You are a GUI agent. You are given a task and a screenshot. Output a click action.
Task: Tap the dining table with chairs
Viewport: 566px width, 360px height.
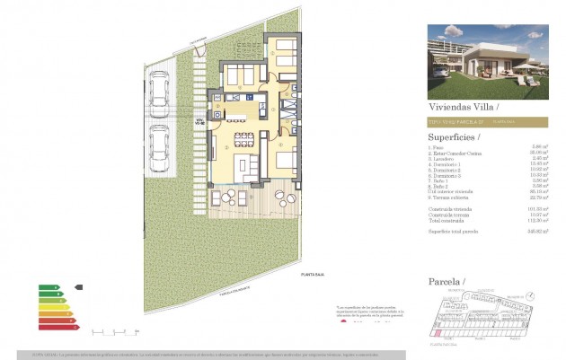pyautogui.click(x=243, y=138)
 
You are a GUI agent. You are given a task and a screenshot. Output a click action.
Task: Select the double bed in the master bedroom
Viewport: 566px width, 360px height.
pyautogui.click(x=286, y=162)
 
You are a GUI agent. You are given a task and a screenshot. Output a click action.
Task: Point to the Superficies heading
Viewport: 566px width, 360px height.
pyautogui.click(x=452, y=137)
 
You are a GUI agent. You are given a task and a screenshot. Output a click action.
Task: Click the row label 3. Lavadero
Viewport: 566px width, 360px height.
pyautogui.click(x=443, y=159)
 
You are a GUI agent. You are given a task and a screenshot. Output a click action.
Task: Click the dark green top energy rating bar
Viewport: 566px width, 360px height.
pyautogui.click(x=45, y=287)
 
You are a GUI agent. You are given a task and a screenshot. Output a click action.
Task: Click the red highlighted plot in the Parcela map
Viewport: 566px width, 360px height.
pyautogui.click(x=437, y=333)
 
